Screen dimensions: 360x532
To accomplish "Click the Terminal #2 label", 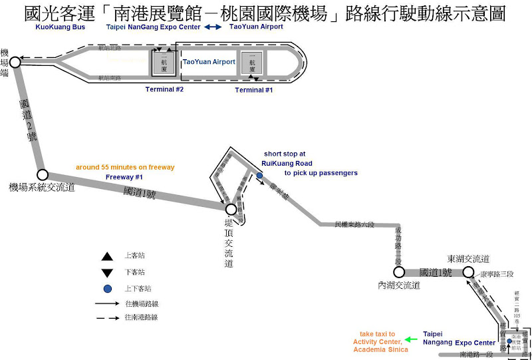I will pyautogui.click(x=164, y=89).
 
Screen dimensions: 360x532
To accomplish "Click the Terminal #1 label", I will pyautogui.click(x=253, y=89).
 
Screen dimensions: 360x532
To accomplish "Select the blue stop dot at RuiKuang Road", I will pyautogui.click(x=259, y=176).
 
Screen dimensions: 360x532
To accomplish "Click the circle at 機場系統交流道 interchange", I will pyautogui.click(x=43, y=175).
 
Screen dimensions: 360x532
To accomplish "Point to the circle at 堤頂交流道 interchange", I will pyautogui.click(x=231, y=210).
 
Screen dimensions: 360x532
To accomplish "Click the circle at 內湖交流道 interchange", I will pyautogui.click(x=399, y=271).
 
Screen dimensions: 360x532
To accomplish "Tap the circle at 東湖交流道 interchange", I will pyautogui.click(x=468, y=271).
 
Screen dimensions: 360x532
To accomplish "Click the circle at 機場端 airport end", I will pyautogui.click(x=15, y=63).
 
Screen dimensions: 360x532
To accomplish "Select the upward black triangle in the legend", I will pyautogui.click(x=106, y=256).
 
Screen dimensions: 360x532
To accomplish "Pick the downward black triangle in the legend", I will pyautogui.click(x=106, y=273).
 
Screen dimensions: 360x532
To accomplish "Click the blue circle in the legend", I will pyautogui.click(x=106, y=289).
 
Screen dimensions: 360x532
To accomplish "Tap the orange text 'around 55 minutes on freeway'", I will pyautogui.click(x=125, y=166).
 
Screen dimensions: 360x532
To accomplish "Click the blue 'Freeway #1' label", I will pyautogui.click(x=125, y=177).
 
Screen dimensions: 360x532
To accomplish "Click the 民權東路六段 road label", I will pyautogui.click(x=356, y=225).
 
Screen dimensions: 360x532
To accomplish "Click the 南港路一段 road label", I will pyautogui.click(x=476, y=355).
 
